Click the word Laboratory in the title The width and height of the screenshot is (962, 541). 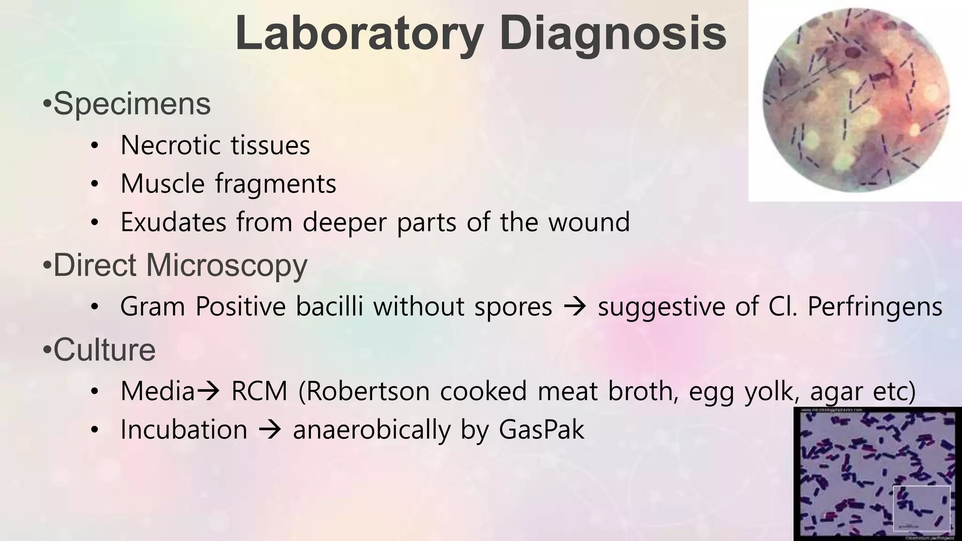coord(359,34)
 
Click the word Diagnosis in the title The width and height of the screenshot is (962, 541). coord(613,34)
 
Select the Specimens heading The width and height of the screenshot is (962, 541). coord(132,104)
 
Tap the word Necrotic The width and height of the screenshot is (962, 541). coord(170,145)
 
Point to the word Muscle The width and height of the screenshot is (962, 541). coord(163,184)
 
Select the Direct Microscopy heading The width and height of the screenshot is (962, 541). coord(180,265)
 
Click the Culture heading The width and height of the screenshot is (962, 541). coord(104,350)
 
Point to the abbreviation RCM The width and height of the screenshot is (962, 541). coord(259,391)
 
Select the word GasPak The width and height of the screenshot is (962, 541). coord(542,430)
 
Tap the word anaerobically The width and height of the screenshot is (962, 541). coord(372,430)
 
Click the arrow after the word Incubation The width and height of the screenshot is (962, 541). coord(270,430)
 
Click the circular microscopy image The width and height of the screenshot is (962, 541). coord(855,100)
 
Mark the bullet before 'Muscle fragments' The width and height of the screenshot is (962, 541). coord(95,184)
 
